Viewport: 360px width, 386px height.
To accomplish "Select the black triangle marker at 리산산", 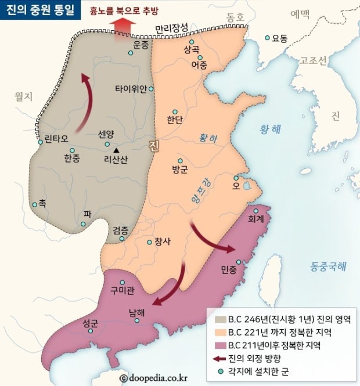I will point(116,150).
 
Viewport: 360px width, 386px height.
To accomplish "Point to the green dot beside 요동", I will point(268,38).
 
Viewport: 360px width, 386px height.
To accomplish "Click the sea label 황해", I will point(269,130).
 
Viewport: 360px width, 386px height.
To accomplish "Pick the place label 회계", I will point(255,219).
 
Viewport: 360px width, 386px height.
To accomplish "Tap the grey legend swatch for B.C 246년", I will point(220,319).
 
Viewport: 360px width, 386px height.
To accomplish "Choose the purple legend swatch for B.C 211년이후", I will point(220,345).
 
